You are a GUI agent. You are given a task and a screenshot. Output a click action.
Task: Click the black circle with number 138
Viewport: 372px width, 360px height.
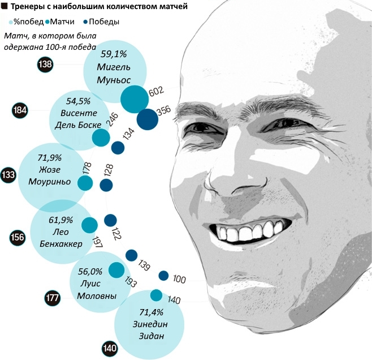(45, 65)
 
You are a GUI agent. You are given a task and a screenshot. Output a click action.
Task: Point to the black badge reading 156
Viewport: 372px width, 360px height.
(18, 238)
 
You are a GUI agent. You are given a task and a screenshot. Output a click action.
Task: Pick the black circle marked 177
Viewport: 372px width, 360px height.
(53, 298)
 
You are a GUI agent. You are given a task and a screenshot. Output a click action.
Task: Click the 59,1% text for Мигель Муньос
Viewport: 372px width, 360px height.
(115, 55)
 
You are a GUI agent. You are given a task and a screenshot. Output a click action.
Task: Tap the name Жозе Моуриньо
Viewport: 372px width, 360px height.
(49, 175)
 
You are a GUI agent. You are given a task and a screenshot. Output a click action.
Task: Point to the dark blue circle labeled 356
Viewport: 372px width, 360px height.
(147, 119)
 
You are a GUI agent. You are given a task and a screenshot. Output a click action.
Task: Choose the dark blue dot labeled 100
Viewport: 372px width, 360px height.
(163, 276)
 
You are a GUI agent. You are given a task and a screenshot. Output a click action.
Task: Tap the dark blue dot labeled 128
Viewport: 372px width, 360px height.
(106, 185)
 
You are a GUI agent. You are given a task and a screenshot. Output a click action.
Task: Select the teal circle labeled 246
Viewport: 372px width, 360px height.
(101, 138)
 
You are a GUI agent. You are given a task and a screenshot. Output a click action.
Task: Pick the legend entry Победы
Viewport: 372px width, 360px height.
(104, 22)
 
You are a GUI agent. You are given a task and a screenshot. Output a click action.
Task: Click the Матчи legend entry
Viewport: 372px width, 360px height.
(62, 22)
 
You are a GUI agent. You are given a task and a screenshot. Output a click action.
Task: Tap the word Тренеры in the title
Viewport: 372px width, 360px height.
(27, 7)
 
